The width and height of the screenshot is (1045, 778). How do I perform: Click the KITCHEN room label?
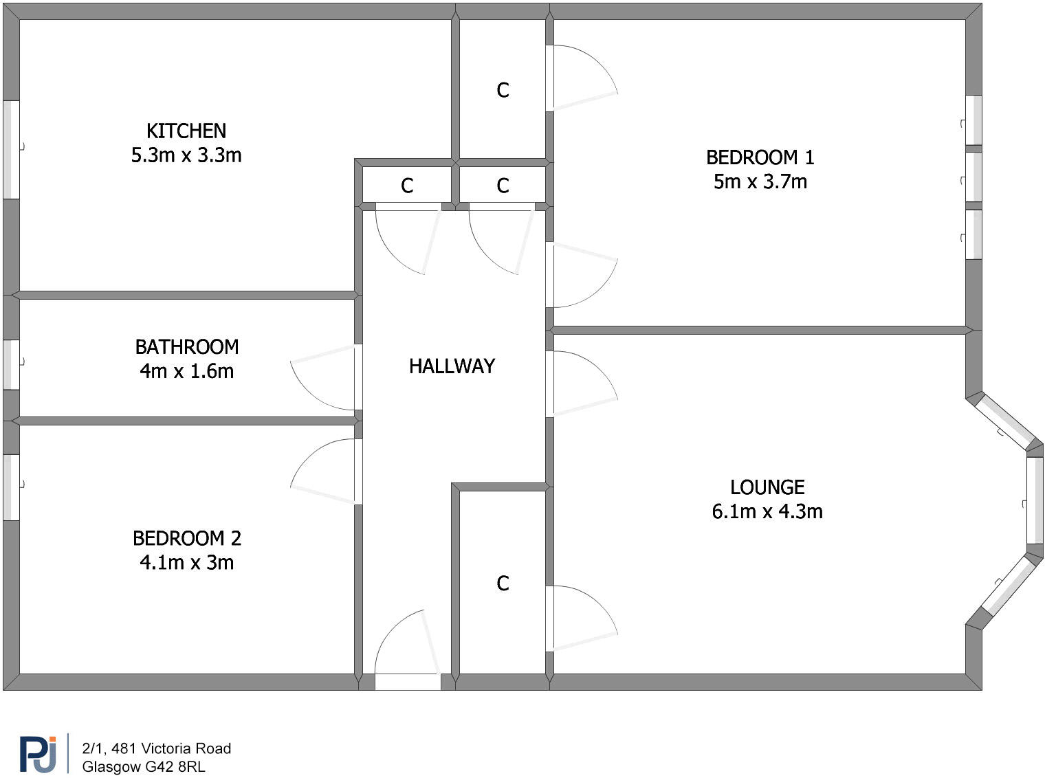tap(186, 131)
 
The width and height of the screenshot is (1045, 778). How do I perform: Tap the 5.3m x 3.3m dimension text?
tap(186, 155)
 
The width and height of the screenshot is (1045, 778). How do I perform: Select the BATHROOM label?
tap(187, 346)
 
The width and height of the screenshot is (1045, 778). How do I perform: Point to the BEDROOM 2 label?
tap(187, 537)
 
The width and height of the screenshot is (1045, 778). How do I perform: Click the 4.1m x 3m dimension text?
tap(187, 562)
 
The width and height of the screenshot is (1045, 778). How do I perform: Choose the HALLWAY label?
tap(452, 366)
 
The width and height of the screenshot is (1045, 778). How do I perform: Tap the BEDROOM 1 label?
tap(760, 157)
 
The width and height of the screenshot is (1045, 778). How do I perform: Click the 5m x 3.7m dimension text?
tap(760, 181)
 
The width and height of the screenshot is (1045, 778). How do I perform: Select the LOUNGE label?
tap(767, 487)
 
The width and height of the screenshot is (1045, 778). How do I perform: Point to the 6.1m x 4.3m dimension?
tap(767, 511)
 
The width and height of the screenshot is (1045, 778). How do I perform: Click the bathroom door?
tap(323, 378)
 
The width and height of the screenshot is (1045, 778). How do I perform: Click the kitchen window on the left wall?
tap(11, 150)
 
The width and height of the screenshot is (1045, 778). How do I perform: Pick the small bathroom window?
tap(11, 364)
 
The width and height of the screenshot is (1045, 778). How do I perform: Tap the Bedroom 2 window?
tap(11, 487)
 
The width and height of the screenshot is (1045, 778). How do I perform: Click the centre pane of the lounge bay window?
tap(1035, 500)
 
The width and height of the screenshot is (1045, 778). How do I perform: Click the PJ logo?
tap(38, 754)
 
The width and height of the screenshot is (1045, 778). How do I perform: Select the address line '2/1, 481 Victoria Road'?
tap(156, 748)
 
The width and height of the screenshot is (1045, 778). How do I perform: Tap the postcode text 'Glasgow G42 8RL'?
tap(143, 766)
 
